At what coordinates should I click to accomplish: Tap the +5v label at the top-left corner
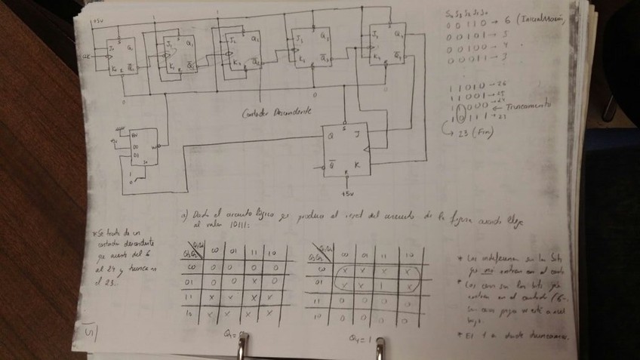[x=97, y=20]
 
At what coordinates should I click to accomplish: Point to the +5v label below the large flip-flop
[x=346, y=193]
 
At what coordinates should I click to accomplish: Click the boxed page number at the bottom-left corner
[x=89, y=329]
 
